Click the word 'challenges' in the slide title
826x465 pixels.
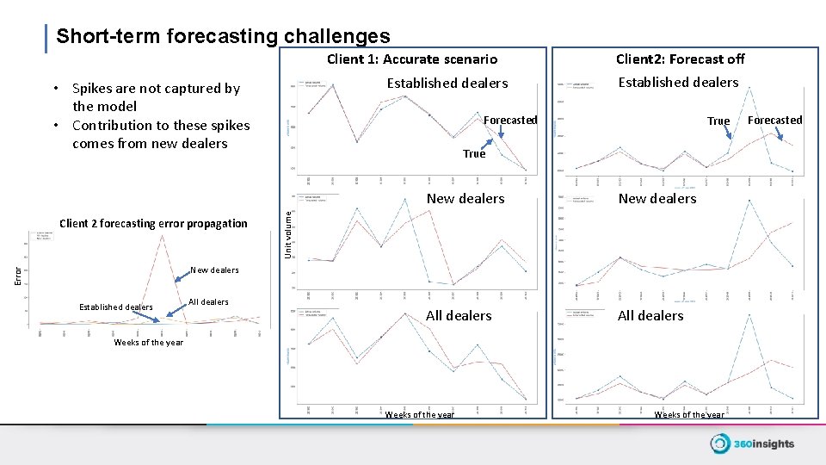point(336,36)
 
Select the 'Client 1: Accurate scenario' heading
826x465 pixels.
point(412,59)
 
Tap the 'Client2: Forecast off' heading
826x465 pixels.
point(680,59)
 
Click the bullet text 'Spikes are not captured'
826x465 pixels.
point(156,88)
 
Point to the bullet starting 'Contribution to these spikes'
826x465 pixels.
point(161,126)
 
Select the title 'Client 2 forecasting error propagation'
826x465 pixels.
point(153,224)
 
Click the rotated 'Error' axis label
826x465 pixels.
point(18,275)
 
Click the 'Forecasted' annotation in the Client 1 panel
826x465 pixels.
point(510,120)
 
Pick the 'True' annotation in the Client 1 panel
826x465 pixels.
point(474,154)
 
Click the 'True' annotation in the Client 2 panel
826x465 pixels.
point(718,121)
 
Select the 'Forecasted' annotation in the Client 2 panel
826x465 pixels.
point(774,120)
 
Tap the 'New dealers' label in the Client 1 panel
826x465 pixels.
point(465,199)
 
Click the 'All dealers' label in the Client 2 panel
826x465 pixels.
point(650,316)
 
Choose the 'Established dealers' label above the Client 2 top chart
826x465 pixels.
point(678,83)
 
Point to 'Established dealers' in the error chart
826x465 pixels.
point(115,307)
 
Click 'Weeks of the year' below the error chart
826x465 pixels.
point(148,343)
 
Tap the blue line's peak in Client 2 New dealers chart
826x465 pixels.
point(749,201)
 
